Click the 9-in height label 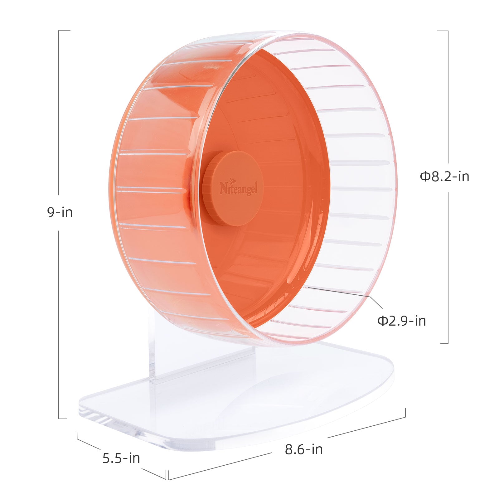(60, 212)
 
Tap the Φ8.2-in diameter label (444, 177)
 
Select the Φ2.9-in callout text (402, 321)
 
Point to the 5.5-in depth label (121, 458)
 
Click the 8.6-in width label (304, 449)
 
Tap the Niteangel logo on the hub (239, 188)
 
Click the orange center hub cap (234, 188)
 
